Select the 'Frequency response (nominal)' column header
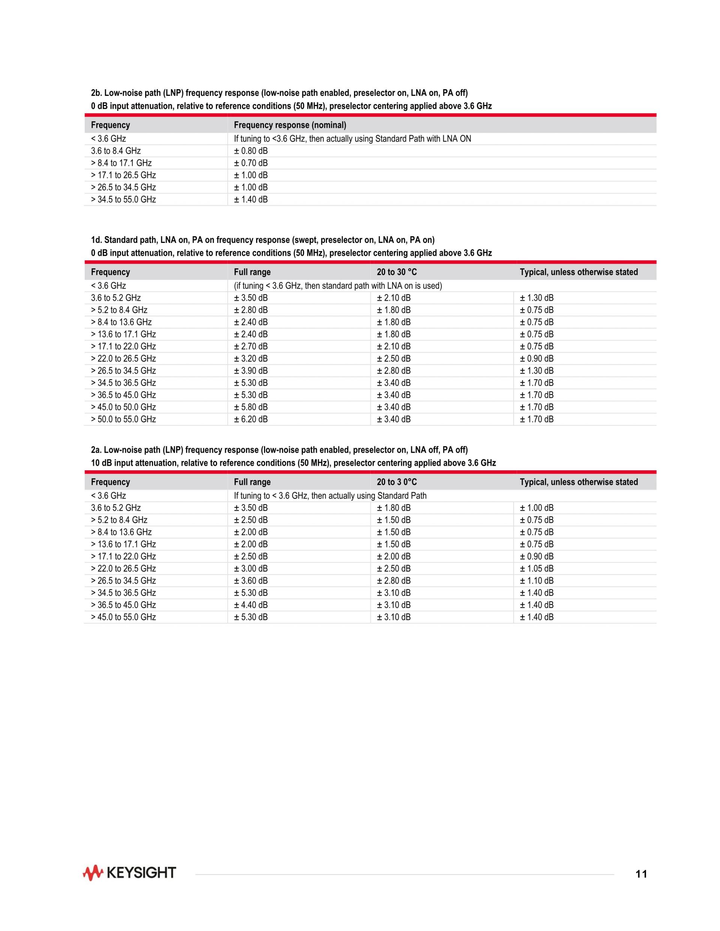click(290, 125)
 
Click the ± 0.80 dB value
click(251, 151)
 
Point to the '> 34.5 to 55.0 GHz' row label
click(123, 199)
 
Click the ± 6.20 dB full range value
click(251, 419)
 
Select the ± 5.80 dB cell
click(251, 407)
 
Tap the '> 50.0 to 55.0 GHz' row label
click(123, 419)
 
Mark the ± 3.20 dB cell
click(251, 359)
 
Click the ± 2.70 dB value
click(251, 346)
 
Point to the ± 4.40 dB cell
click(251, 605)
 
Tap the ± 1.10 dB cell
click(537, 581)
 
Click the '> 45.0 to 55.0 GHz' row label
click(123, 617)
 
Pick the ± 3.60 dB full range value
click(251, 581)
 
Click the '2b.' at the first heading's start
click(96, 93)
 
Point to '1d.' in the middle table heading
click(96, 240)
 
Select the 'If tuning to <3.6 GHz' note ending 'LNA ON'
click(352, 139)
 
